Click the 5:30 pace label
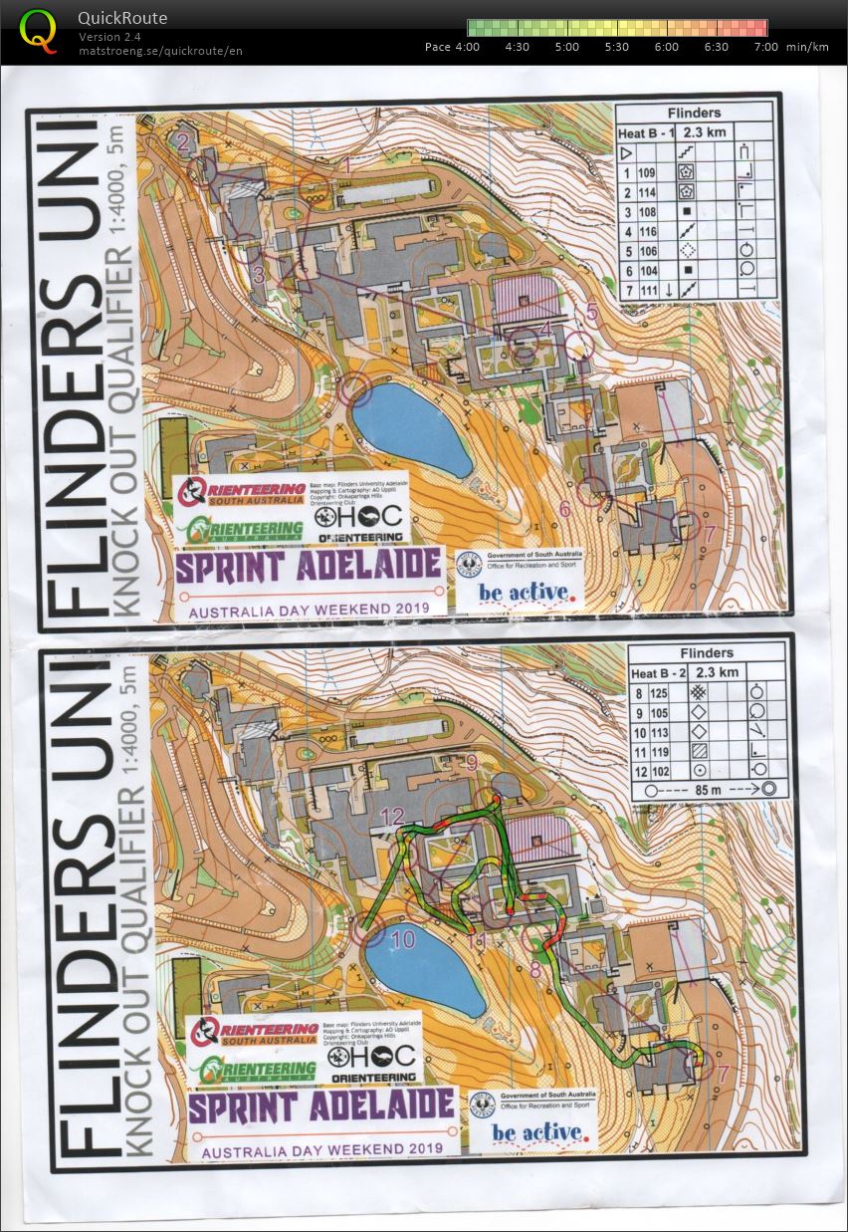pyautogui.click(x=617, y=47)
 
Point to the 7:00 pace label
pyautogui.click(x=766, y=47)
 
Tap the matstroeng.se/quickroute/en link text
pyautogui.click(x=160, y=51)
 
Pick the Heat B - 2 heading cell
pyautogui.click(x=662, y=673)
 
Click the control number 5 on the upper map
pyautogui.click(x=591, y=313)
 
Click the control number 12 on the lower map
pyautogui.click(x=392, y=817)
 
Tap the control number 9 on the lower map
pyautogui.click(x=471, y=763)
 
